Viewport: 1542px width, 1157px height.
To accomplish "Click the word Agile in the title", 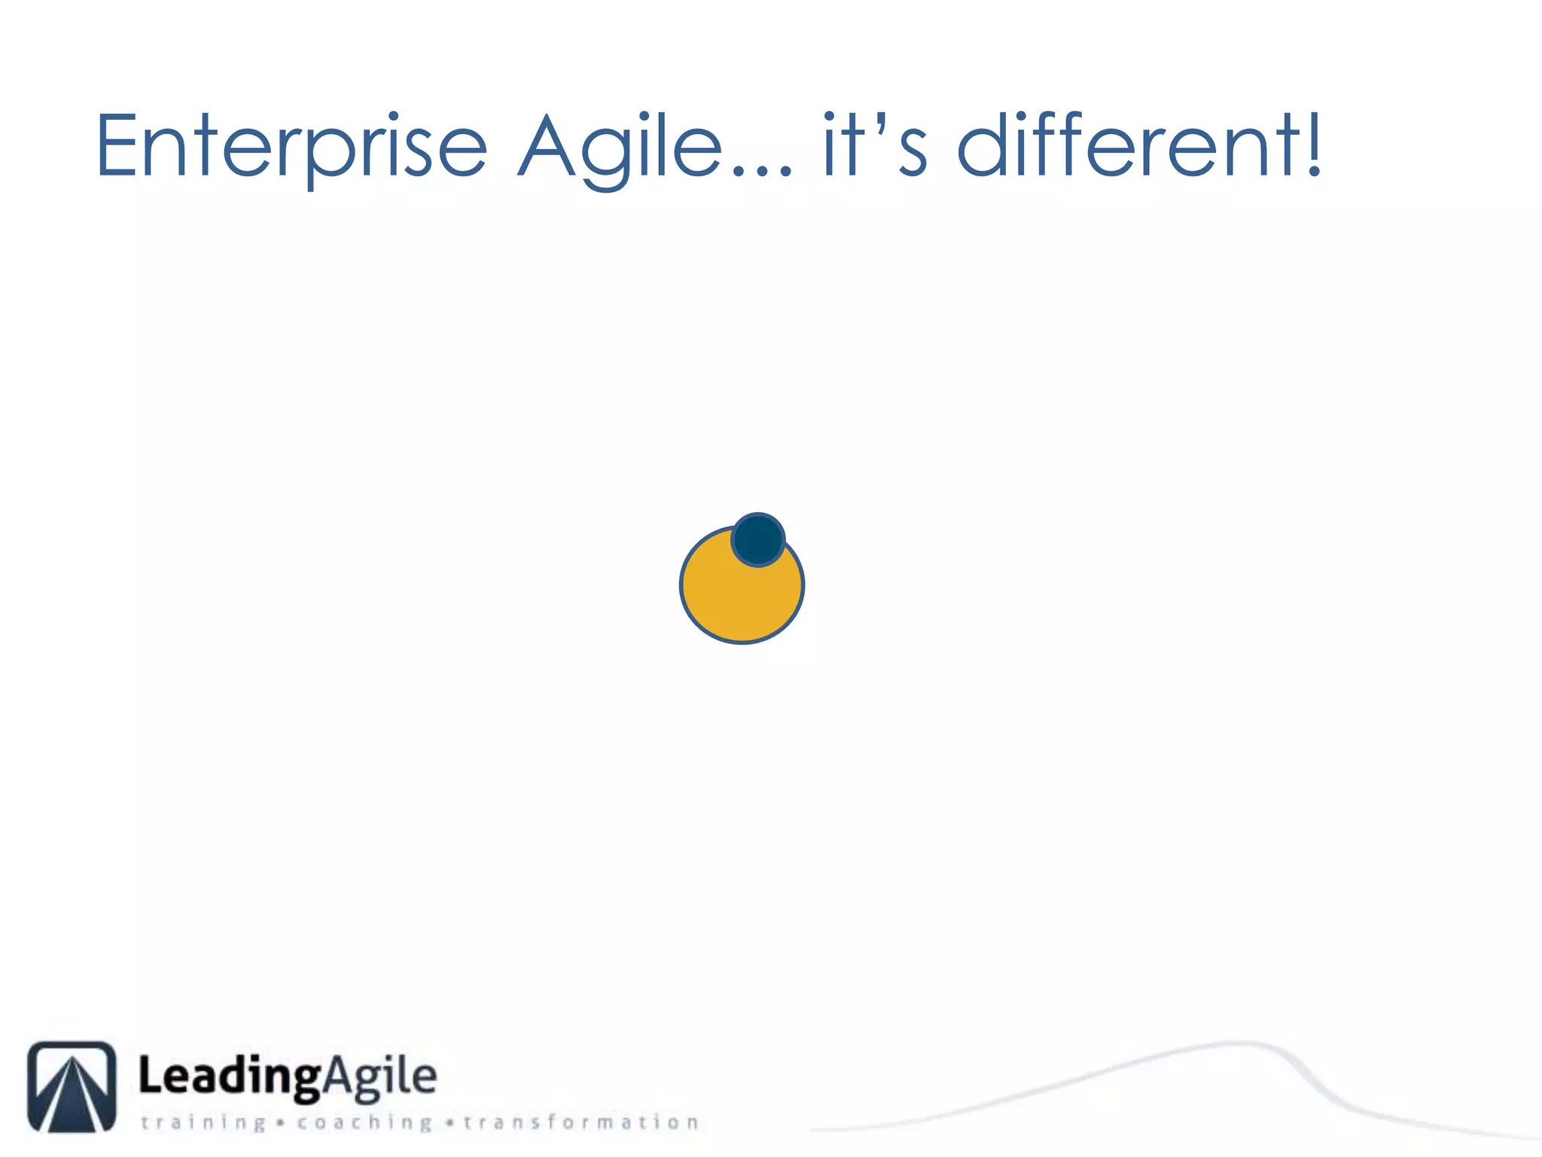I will (621, 148).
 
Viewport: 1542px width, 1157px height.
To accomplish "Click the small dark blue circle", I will (758, 539).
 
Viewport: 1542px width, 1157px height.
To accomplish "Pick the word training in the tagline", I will (203, 1122).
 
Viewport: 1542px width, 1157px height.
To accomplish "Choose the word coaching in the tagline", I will (364, 1122).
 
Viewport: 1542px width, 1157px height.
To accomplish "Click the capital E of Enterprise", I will (116, 146).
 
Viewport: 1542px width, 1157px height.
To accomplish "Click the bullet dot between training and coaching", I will (281, 1123).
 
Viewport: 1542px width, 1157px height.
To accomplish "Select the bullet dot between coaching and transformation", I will (449, 1123).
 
